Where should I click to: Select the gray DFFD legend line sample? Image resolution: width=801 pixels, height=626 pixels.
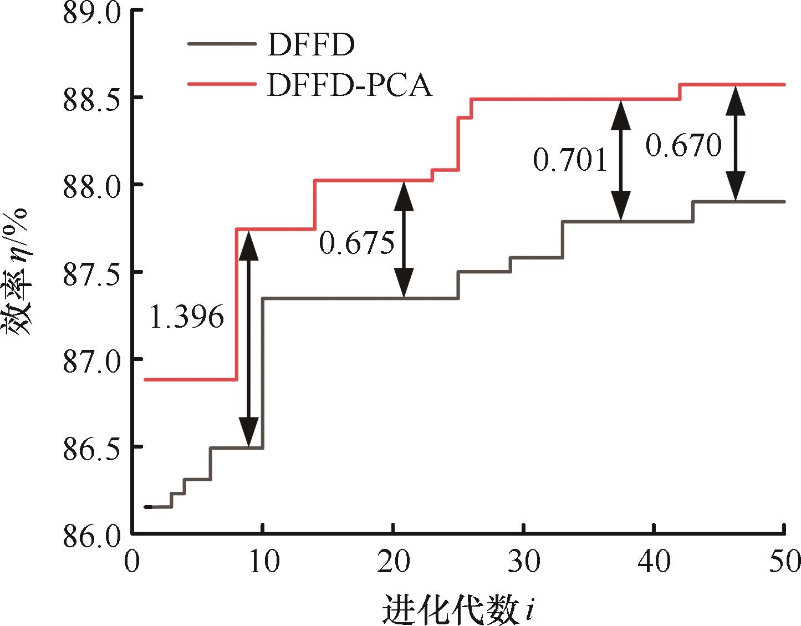(x=222, y=44)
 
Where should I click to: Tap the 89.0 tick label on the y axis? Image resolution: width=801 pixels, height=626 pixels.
(x=91, y=12)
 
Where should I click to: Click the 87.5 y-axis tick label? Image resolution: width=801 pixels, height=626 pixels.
(x=91, y=272)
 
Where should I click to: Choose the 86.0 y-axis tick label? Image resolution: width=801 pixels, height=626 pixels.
(x=91, y=535)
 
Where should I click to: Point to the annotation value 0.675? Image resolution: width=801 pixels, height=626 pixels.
(x=357, y=243)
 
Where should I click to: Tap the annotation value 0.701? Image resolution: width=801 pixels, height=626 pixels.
(x=570, y=160)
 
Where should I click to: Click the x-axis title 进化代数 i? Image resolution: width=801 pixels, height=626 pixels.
(x=458, y=609)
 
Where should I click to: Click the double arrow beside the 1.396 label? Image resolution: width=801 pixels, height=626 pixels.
(x=249, y=338)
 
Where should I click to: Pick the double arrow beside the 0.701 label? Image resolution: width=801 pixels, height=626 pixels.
(x=621, y=160)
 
